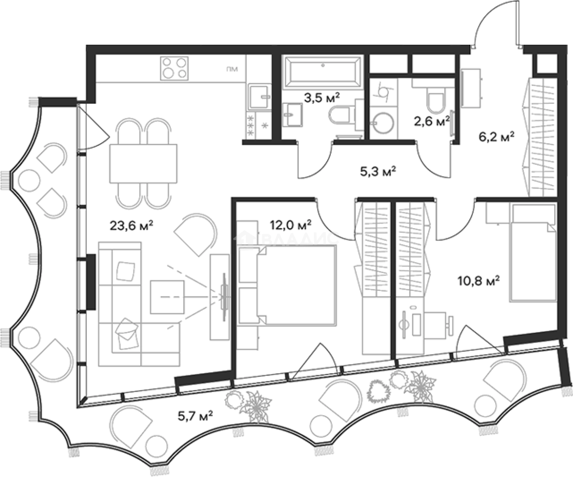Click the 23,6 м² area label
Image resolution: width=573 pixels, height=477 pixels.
click(x=131, y=226)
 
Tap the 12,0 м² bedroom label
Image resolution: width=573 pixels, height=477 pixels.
click(x=291, y=225)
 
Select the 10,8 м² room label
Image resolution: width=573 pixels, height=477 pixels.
click(x=478, y=281)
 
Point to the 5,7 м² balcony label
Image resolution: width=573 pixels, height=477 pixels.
click(x=196, y=416)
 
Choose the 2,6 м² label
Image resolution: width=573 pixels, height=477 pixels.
click(x=432, y=121)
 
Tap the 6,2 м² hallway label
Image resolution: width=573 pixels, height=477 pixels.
click(x=496, y=136)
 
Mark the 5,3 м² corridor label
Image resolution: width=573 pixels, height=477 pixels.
click(x=378, y=172)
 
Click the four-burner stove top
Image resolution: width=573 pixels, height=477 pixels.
click(x=174, y=69)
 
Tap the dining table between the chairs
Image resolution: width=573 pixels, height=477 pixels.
click(x=143, y=164)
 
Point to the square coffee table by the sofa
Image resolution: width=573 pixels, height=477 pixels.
click(x=167, y=297)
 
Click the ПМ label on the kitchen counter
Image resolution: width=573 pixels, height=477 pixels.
click(x=232, y=69)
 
